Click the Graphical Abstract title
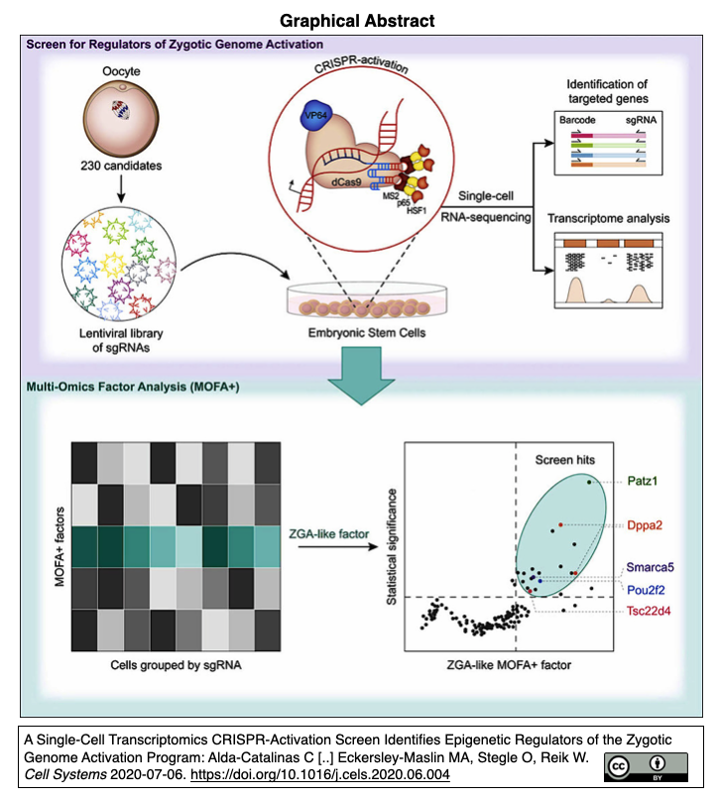[359, 20]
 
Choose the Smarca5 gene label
[651, 568]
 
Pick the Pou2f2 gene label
[647, 588]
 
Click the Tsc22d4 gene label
[649, 611]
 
